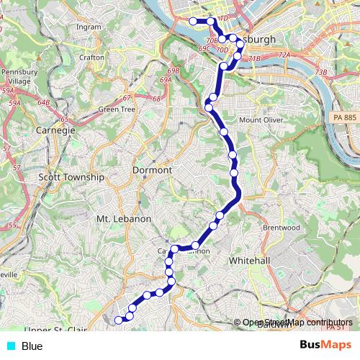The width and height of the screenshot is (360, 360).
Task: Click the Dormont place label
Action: pos(153,170)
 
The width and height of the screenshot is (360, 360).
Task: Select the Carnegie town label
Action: pos(55,131)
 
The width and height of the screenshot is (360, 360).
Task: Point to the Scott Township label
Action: pos(71,176)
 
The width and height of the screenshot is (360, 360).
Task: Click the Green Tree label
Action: pos(117,109)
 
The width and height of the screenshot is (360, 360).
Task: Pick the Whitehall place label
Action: pos(248,260)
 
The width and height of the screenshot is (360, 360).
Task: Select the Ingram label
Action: pos(89,27)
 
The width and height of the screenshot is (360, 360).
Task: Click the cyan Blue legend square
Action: pos(11,346)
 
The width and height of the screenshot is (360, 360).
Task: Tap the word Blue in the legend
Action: pos(32,346)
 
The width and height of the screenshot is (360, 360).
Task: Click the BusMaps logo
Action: pos(326,346)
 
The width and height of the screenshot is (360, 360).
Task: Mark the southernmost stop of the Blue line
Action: pos(119,320)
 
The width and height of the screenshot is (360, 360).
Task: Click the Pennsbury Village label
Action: pos(17,76)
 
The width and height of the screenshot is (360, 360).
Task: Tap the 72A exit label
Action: pos(284,55)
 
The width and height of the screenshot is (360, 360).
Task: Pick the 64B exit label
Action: pos(43,103)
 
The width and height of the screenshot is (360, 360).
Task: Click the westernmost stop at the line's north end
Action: pos(194,22)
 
